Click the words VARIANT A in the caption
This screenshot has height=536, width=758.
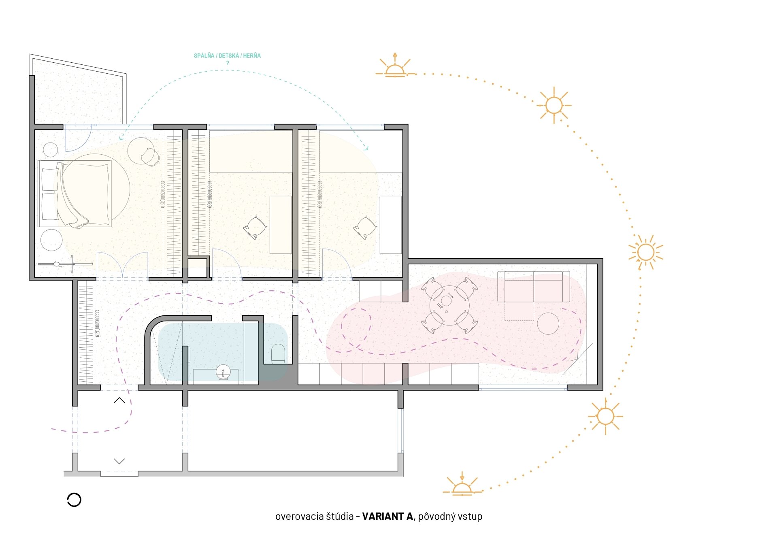[387, 516]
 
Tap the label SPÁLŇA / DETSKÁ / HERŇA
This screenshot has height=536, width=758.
[227, 56]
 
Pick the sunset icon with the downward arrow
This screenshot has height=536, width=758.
[462, 483]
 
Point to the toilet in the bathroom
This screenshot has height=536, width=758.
[278, 353]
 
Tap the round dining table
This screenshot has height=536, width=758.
[449, 305]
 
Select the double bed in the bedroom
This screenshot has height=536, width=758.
[75, 194]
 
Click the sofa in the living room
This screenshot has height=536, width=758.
[533, 287]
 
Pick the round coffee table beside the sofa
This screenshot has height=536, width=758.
[548, 323]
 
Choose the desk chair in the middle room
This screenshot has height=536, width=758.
[255, 228]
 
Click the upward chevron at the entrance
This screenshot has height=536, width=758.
[119, 400]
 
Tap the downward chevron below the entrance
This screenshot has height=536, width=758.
[119, 461]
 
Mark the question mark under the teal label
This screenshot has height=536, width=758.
[228, 63]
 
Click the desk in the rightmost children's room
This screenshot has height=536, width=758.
[391, 225]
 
